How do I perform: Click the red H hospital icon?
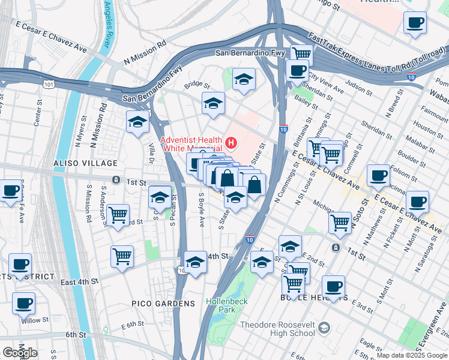coord(231,143)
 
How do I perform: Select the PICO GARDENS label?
coord(163,304)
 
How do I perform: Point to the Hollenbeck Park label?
coord(220,305)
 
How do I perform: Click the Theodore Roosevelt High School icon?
coord(324,328)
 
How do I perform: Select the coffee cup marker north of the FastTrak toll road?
coord(415,24)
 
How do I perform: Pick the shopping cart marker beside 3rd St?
coord(118,215)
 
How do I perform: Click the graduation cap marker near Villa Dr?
coord(138,122)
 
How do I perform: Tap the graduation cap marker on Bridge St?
coord(213,104)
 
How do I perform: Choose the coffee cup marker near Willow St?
coord(23,304)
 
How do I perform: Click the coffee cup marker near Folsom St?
coord(378,175)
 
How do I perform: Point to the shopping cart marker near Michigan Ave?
coord(340,223)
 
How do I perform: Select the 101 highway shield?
coord(49,85)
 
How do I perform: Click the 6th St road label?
coord(76,334)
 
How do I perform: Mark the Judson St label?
coord(360,89)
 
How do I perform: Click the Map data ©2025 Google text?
coord(411,355)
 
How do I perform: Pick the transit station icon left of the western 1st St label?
coord(115,180)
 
